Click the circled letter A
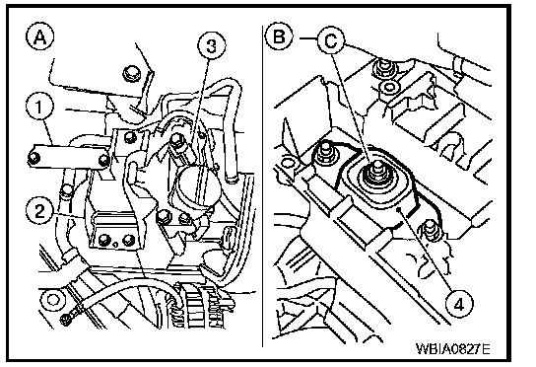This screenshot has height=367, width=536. point(40,37)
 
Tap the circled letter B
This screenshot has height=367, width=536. point(279,36)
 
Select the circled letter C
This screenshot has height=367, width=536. point(331,40)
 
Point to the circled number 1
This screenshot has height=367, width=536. point(39,107)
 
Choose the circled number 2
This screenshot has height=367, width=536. point(39,210)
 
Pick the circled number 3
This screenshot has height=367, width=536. point(212,45)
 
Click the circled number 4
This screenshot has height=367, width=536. point(460,303)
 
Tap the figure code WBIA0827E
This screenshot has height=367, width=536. point(453,349)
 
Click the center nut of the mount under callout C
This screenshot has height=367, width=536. point(376,172)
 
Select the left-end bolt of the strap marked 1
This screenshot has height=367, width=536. point(33,158)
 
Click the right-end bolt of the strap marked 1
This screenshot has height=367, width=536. point(103,160)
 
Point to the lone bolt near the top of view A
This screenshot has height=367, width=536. point(132,74)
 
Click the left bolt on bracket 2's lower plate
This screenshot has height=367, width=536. point(103,240)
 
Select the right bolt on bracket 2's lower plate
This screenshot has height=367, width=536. point(127,239)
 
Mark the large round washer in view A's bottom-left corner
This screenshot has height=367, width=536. point(52,300)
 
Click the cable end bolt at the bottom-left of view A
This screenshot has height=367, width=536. point(66,320)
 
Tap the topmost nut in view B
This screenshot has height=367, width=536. point(385,67)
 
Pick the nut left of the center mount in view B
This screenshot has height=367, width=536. point(324,152)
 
